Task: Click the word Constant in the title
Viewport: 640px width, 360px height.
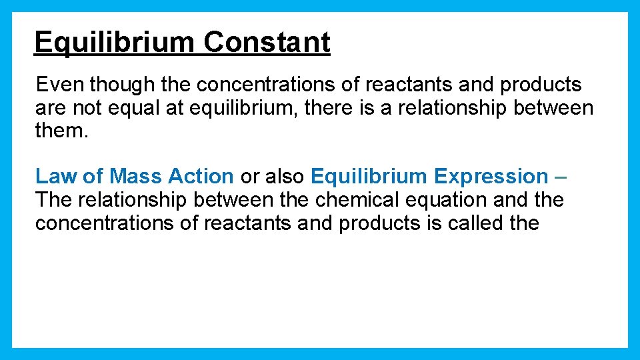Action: (267, 43)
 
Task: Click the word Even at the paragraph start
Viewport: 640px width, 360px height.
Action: (60, 85)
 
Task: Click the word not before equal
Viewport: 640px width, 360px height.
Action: (87, 108)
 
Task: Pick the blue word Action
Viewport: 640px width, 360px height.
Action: (201, 177)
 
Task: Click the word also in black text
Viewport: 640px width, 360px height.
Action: (285, 177)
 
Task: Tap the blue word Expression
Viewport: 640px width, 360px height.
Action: (491, 177)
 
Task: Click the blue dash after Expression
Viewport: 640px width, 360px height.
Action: (560, 177)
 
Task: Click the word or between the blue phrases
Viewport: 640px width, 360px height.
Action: (250, 177)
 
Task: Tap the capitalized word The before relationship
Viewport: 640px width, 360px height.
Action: (55, 199)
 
